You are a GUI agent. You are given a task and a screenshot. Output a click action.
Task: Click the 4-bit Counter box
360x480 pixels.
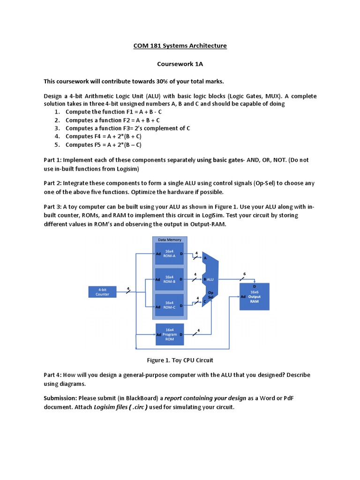[103, 292]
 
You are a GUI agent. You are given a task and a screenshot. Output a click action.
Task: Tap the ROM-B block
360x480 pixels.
[170, 279]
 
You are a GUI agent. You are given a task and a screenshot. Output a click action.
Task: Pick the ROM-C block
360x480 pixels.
[170, 305]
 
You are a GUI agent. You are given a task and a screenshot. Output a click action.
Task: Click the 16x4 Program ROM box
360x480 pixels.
[170, 334]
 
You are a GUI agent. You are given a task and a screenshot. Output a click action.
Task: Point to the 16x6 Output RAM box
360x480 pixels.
[255, 296]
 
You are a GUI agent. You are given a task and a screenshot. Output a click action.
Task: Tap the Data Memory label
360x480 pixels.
[170, 240]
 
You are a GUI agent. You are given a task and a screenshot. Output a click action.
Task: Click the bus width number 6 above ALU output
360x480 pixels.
[244, 274]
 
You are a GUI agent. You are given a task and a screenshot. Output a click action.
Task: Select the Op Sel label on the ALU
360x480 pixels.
[210, 295]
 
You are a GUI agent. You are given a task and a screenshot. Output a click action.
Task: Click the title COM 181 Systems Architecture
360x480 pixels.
[180, 45]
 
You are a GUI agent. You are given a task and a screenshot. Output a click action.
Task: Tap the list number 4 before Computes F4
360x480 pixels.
[57, 136]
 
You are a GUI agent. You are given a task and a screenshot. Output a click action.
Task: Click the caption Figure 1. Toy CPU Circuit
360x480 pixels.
[180, 360]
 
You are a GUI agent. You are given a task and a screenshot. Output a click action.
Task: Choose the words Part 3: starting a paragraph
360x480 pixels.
[52, 207]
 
